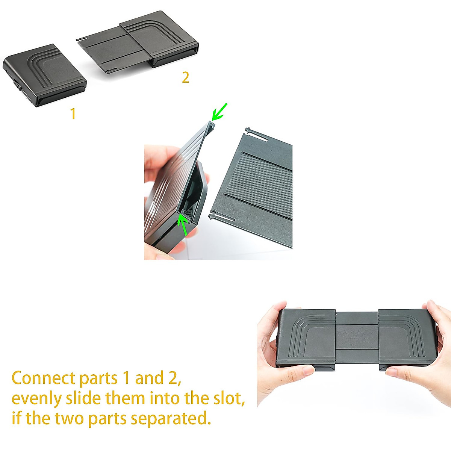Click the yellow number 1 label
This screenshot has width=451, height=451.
(73, 114)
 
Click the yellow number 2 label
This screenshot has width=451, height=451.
(185, 77)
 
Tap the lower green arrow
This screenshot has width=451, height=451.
(183, 224)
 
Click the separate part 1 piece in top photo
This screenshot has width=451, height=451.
(45, 75)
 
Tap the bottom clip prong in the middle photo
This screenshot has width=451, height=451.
(221, 217)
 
